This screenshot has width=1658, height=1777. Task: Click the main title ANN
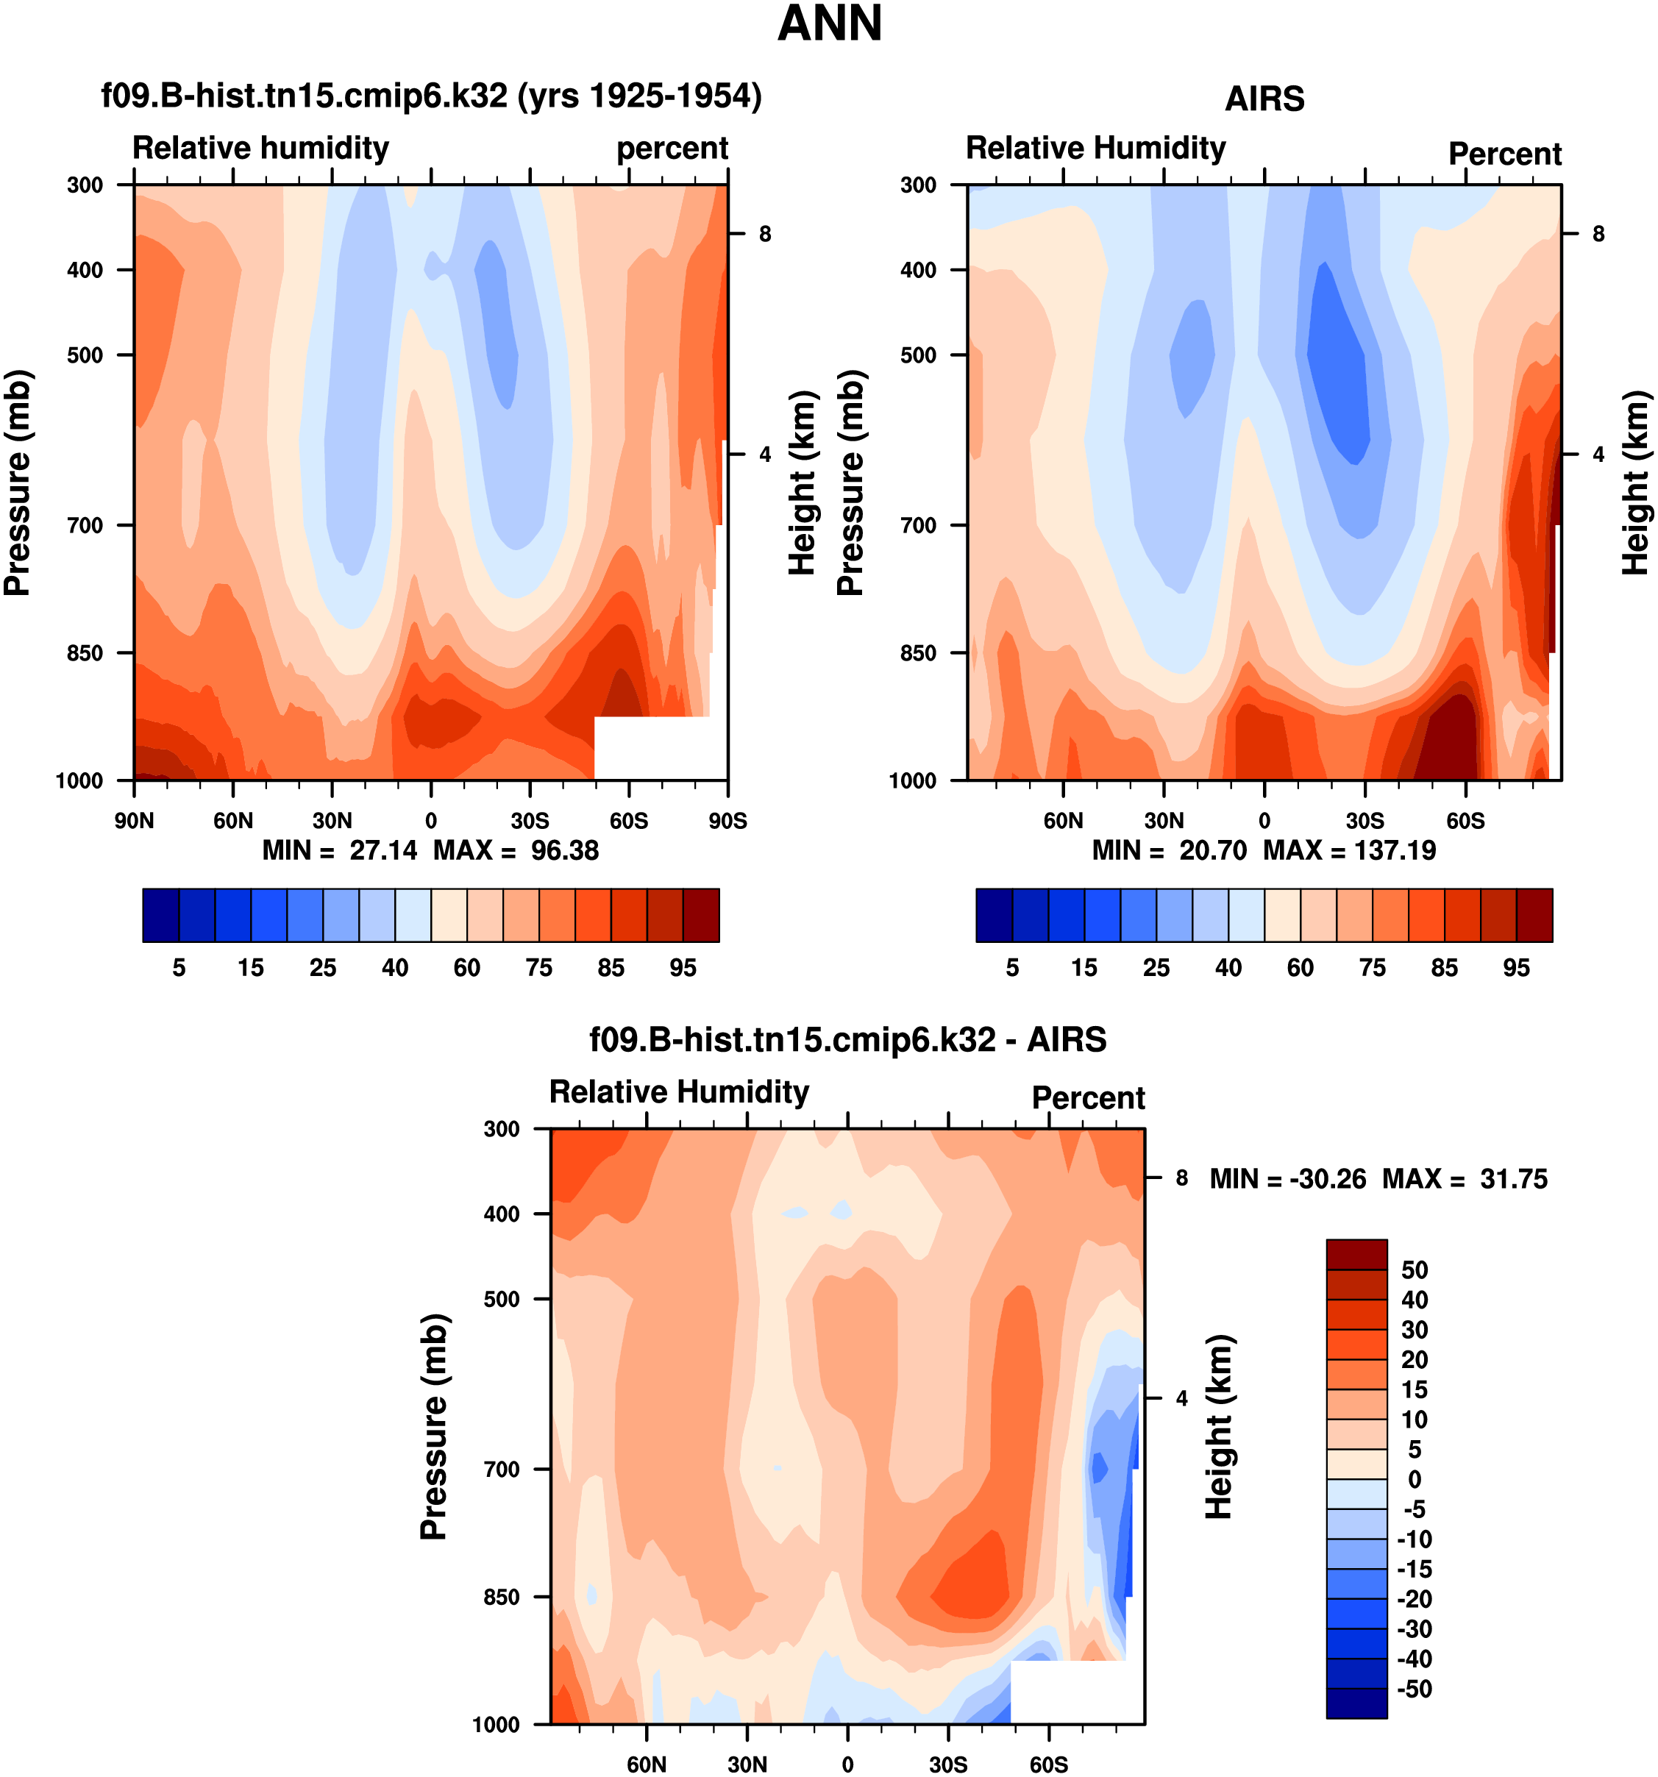pos(830,24)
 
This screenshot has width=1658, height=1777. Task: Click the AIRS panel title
pos(1264,99)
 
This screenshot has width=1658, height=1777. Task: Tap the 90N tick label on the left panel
pos(134,821)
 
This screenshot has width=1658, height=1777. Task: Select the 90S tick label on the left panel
pos(727,821)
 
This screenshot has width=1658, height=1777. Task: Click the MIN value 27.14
pos(383,850)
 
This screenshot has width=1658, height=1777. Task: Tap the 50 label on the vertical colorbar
pos(1414,1269)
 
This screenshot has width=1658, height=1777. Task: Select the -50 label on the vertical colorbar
pos(1413,1689)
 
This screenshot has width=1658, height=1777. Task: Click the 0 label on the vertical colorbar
pos(1414,1479)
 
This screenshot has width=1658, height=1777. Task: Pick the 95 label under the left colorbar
pos(683,968)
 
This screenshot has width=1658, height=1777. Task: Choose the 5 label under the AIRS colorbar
pos(1011,968)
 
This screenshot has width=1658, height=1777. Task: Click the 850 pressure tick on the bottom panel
pos(502,1597)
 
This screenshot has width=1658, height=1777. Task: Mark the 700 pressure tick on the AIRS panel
pos(918,526)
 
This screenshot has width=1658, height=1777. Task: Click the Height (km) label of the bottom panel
pos(1219,1427)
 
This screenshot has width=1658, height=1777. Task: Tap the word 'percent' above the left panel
pos(672,149)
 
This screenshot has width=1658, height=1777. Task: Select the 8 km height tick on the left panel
pos(765,234)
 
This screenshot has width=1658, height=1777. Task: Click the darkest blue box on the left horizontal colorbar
pos(161,915)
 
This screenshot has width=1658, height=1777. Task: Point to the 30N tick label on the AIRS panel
pos(1164,821)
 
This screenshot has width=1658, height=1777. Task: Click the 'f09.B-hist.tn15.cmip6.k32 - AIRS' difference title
pos(847,1039)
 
